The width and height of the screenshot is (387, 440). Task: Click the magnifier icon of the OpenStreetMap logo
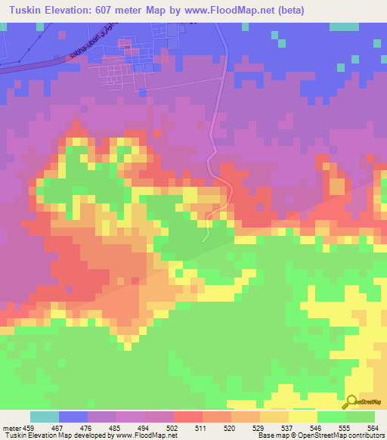351,402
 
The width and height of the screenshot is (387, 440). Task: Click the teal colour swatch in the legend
44,417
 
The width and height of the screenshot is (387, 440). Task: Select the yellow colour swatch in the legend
302,417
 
